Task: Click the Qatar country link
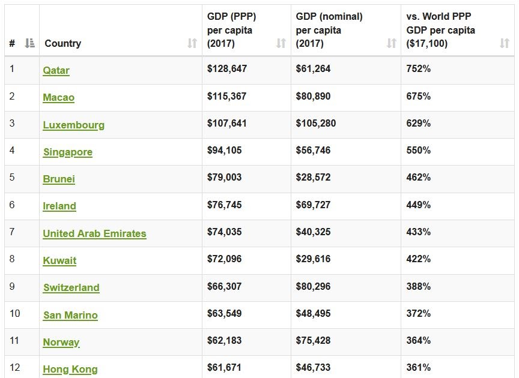coord(56,70)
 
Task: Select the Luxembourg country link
coord(73,125)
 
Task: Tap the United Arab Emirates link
coord(94,233)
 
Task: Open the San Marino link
coord(70,315)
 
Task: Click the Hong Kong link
coord(70,369)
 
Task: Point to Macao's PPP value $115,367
coord(227,96)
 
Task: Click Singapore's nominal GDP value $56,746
coord(313,150)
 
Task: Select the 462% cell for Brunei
coord(418,177)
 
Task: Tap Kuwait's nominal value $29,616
coord(313,259)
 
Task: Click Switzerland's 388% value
coord(418,286)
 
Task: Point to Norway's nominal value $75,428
coord(313,340)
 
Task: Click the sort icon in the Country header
coord(192,43)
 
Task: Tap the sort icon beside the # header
coord(30,43)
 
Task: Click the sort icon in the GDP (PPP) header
coord(281,43)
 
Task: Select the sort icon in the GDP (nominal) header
coord(392,43)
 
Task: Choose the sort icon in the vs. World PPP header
coord(505,43)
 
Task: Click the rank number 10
coord(15,313)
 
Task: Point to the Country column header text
coord(62,43)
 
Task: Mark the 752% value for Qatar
coord(418,68)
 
